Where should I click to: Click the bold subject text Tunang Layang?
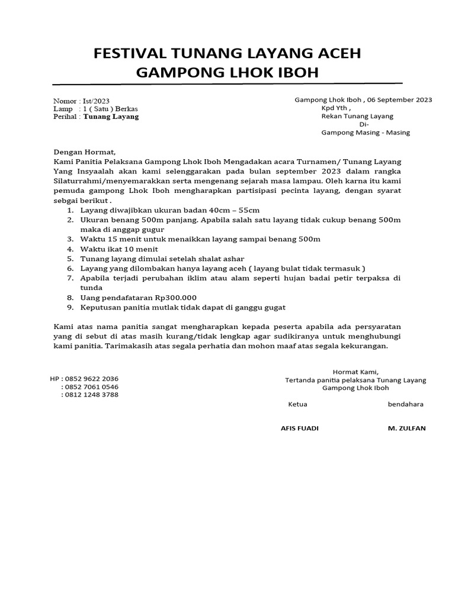[x=111, y=117]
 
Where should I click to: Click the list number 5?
[x=69, y=259]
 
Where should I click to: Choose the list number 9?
[x=69, y=307]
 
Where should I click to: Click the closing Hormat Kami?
[x=355, y=372]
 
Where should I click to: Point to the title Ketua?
[x=297, y=405]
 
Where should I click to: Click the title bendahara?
[x=405, y=405]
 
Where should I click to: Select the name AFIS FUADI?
[x=299, y=428]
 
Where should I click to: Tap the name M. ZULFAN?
[x=406, y=428]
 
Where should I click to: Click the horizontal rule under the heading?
[x=227, y=83]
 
